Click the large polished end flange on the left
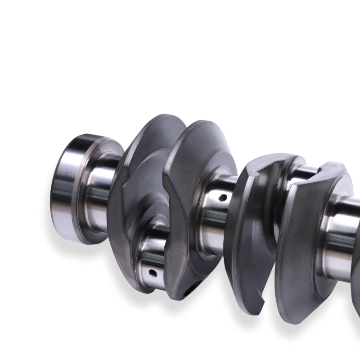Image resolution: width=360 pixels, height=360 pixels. coord(67,189)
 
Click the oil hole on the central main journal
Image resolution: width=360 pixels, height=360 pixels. coord(221,197)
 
